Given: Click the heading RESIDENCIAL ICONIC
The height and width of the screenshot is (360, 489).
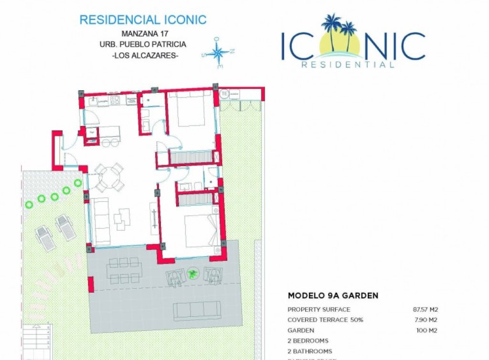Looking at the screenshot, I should pos(143,20).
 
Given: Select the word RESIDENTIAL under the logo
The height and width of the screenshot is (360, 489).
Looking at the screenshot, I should pos(348,64).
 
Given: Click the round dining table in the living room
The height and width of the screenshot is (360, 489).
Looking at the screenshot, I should pos(108,177).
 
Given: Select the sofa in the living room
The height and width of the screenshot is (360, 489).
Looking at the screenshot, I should pos(101,221).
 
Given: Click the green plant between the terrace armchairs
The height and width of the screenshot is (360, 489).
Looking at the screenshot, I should pos(193,274).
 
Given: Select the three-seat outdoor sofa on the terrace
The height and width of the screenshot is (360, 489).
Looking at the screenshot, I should pos(198,312).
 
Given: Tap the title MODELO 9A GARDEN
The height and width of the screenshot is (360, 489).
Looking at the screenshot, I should pos(333,296).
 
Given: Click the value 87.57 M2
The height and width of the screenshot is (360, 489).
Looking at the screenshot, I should pos(425,309).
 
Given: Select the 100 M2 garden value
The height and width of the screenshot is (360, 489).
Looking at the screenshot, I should pos(427,330).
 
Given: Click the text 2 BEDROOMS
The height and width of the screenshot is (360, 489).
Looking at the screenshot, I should pos(308,341).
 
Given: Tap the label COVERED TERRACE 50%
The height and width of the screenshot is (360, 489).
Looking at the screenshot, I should pos(325,320).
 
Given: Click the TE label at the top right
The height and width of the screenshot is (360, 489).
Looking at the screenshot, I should pos(223,94).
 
